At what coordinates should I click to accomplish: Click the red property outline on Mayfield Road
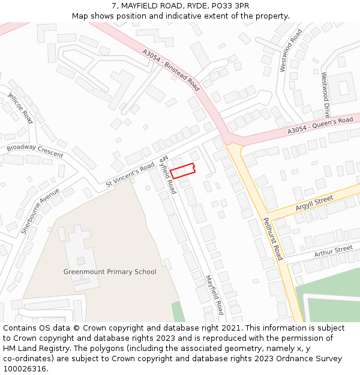click(x=182, y=170)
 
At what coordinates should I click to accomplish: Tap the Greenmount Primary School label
click(x=110, y=272)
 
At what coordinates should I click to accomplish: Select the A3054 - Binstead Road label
click(x=171, y=70)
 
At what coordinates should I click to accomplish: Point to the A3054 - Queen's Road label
click(x=320, y=125)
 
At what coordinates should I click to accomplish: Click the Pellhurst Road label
click(x=272, y=238)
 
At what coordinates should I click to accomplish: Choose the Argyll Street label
click(x=314, y=203)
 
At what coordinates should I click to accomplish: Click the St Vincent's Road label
click(x=130, y=175)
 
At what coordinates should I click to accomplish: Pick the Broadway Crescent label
click(x=35, y=151)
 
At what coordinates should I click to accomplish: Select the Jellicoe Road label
click(x=20, y=107)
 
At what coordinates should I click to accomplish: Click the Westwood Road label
click(x=291, y=50)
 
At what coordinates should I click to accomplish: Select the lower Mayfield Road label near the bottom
click(x=214, y=295)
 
